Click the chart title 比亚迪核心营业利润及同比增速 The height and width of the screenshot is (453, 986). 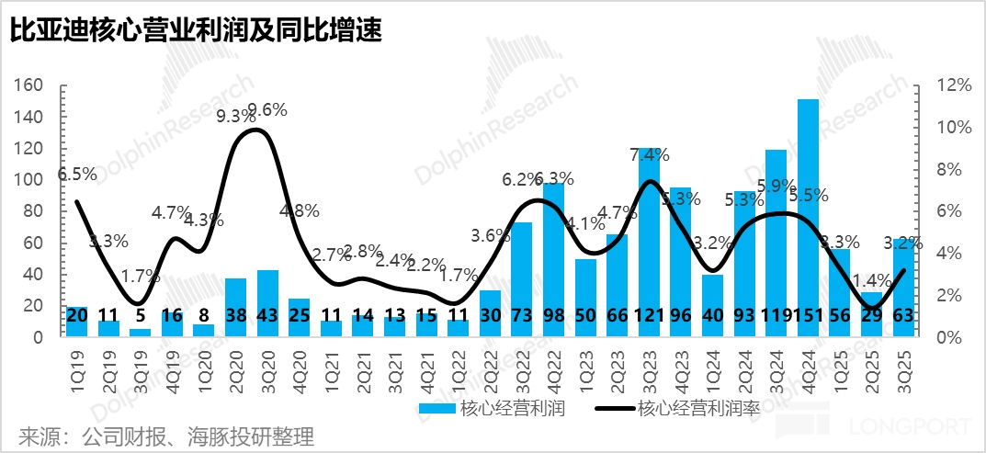[x=196, y=31]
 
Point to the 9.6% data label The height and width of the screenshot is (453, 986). [x=266, y=110]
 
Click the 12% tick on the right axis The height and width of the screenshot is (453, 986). [x=953, y=85]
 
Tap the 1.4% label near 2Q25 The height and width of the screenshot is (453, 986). [x=871, y=279]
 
